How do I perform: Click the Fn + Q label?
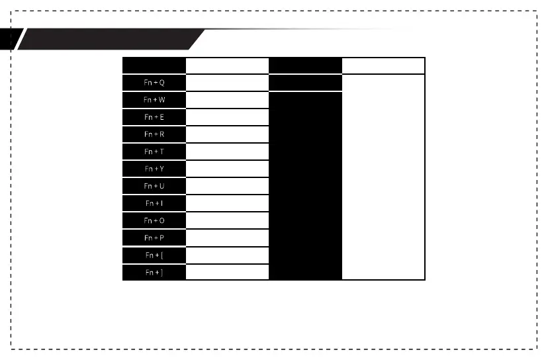pyautogui.click(x=154, y=83)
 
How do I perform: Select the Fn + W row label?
pyautogui.click(x=154, y=100)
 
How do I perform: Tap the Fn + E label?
pyautogui.click(x=154, y=117)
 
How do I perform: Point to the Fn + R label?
pyautogui.click(x=154, y=134)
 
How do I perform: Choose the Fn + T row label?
pyautogui.click(x=154, y=152)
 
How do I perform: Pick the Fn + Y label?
pyautogui.click(x=154, y=169)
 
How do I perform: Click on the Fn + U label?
pyautogui.click(x=154, y=186)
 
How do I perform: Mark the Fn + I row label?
pyautogui.click(x=154, y=203)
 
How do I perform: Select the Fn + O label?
pyautogui.click(x=154, y=220)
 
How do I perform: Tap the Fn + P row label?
pyautogui.click(x=154, y=238)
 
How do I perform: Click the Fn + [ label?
pyautogui.click(x=154, y=255)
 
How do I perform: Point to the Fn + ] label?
pyautogui.click(x=154, y=272)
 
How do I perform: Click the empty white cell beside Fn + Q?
pyautogui.click(x=227, y=83)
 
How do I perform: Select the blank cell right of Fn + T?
pyautogui.click(x=227, y=152)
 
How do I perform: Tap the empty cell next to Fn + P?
pyautogui.click(x=227, y=238)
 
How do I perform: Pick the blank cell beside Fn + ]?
pyautogui.click(x=227, y=272)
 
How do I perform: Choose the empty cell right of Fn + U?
pyautogui.click(x=227, y=186)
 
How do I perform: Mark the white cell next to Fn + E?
pyautogui.click(x=227, y=117)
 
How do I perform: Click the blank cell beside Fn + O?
pyautogui.click(x=227, y=220)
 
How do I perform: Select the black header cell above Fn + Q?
pyautogui.click(x=154, y=65)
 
